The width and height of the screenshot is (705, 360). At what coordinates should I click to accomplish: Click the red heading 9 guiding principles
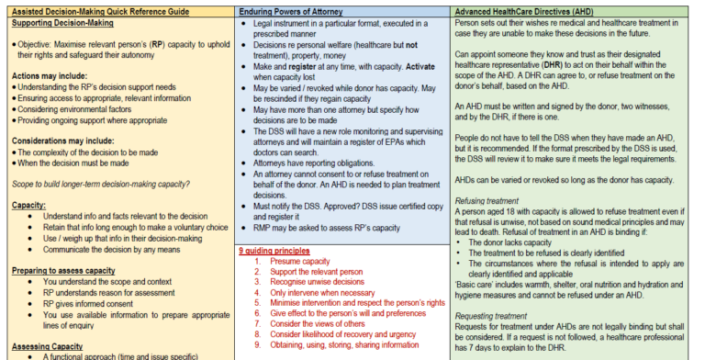[276, 250]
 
